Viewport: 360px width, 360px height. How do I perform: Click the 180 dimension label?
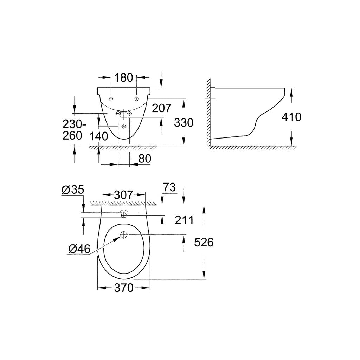coord(123,78)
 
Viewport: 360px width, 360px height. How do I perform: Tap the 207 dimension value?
coord(162,108)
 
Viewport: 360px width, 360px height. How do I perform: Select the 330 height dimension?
coord(184,123)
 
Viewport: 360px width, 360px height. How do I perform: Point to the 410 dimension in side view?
coord(291,117)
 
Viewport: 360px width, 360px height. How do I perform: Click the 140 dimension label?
coord(98,136)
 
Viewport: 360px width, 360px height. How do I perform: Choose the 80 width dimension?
coord(145,159)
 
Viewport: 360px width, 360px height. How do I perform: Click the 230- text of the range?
coord(74,124)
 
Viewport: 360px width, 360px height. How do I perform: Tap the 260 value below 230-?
coord(72,135)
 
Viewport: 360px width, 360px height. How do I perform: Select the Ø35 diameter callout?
coord(73,189)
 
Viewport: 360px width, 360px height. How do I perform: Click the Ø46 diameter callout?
coord(79,249)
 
